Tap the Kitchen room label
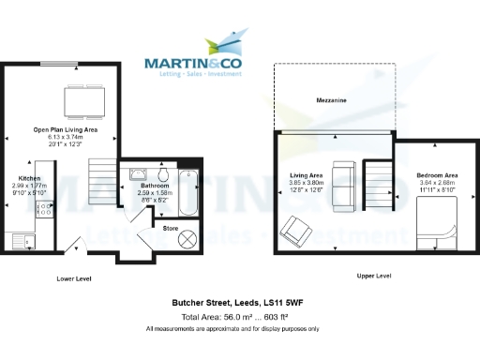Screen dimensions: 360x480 (29, 177)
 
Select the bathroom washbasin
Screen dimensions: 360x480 (138, 174)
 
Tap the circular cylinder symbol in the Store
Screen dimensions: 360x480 (187, 239)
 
